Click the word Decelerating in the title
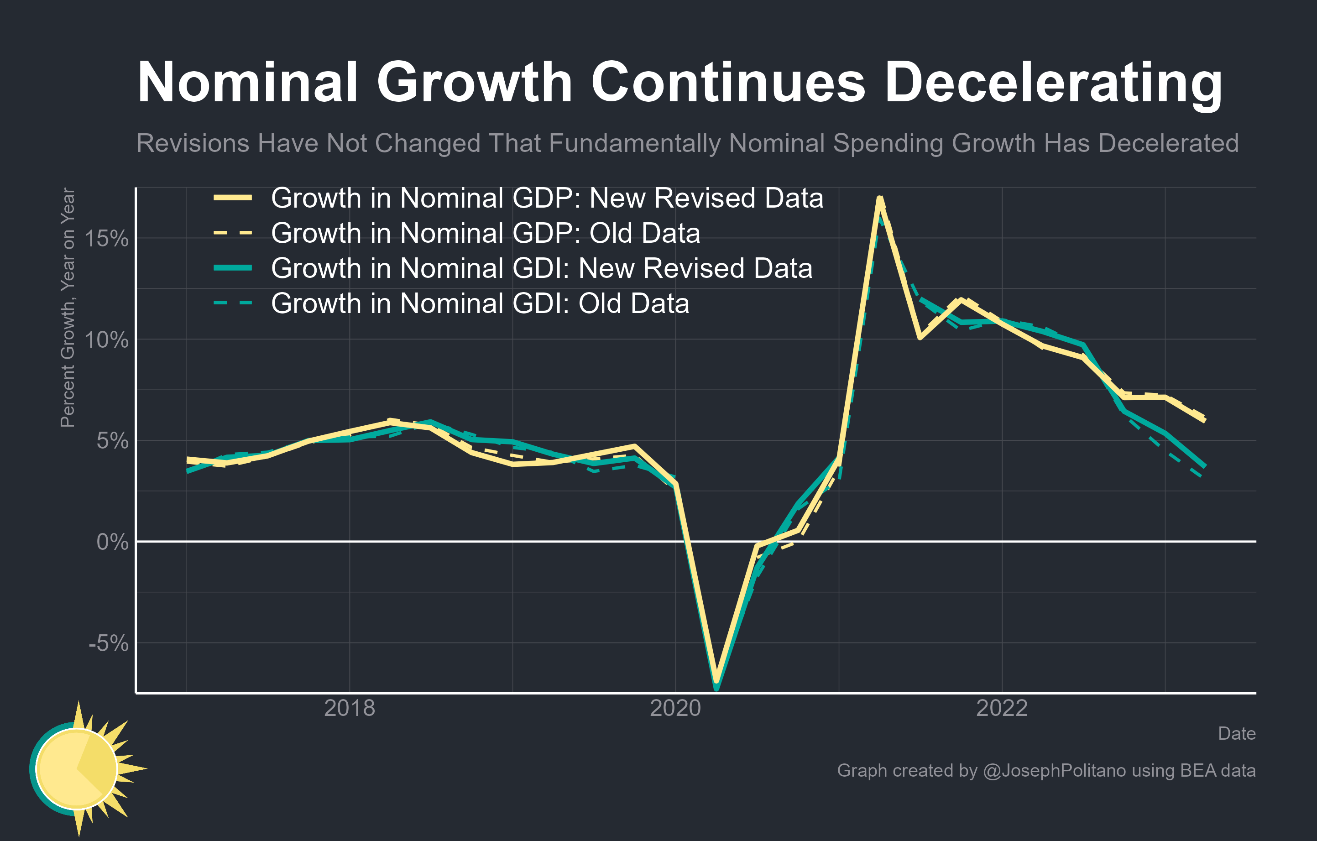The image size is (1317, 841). (x=1053, y=83)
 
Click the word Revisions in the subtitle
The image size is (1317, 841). (x=193, y=143)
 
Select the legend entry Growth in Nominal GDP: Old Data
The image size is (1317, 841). (x=485, y=233)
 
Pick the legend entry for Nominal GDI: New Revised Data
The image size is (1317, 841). (x=542, y=268)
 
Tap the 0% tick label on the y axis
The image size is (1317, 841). (x=112, y=542)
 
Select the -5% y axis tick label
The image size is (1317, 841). (x=108, y=643)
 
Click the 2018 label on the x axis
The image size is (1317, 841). (x=350, y=708)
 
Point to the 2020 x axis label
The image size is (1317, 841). (x=675, y=708)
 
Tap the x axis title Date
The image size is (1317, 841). (x=1237, y=733)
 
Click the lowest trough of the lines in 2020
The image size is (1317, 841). (x=716, y=686)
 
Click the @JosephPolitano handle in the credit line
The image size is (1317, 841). (x=1054, y=770)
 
